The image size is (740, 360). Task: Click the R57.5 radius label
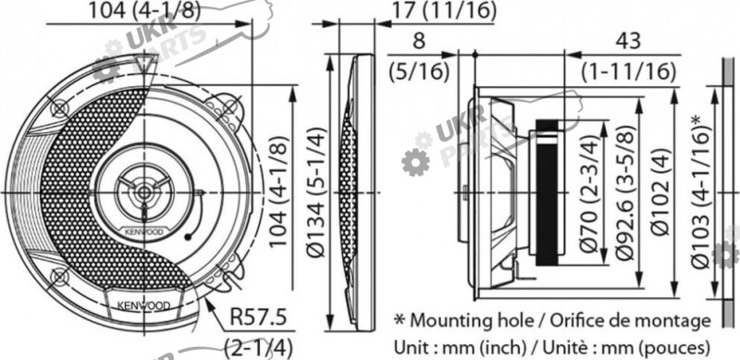pyautogui.click(x=258, y=317)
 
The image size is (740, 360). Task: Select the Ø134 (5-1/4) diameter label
pyautogui.click(x=315, y=192)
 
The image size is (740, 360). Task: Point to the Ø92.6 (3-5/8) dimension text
pyautogui.click(x=623, y=192)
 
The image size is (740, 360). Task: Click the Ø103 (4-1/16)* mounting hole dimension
pyautogui.click(x=701, y=192)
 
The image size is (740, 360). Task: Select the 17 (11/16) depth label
pyautogui.click(x=444, y=11)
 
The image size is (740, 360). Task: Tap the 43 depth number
pyautogui.click(x=628, y=42)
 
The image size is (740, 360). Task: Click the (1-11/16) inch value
pyautogui.click(x=628, y=71)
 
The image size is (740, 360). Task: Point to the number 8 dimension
pyautogui.click(x=419, y=41)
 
